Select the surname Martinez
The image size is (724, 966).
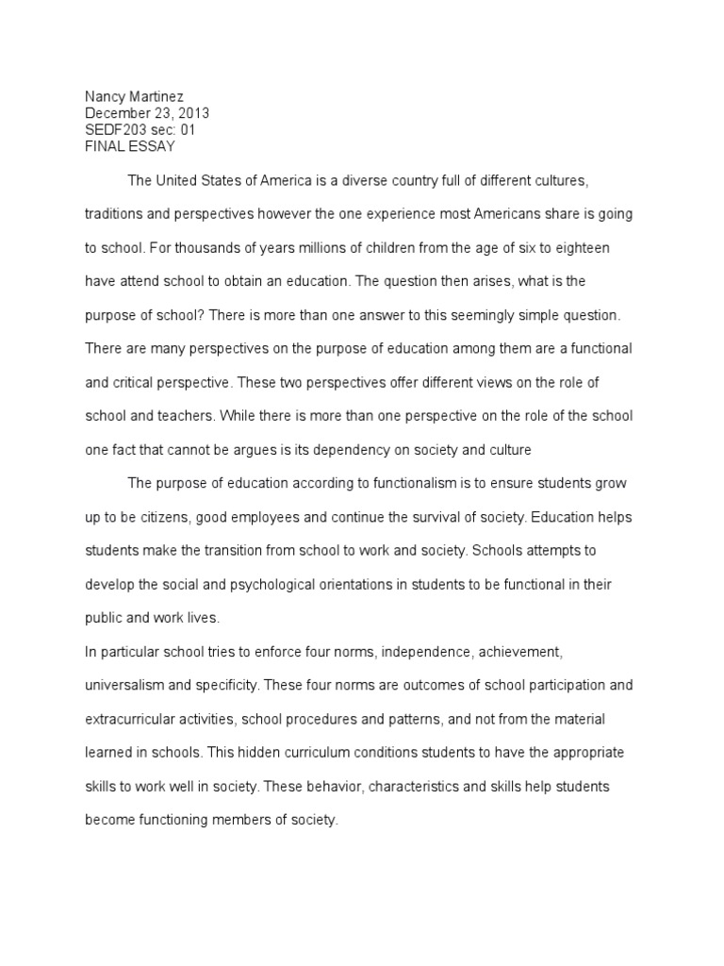point(161,96)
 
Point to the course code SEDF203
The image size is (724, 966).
point(114,130)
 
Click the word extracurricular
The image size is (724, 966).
point(131,719)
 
